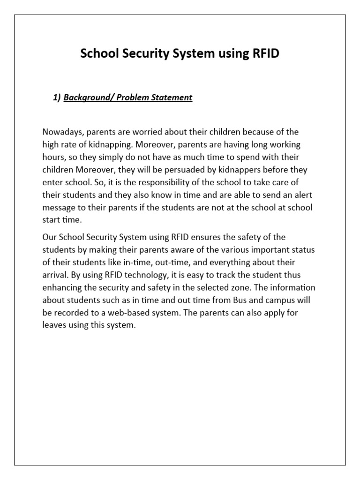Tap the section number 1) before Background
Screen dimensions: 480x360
coord(57,97)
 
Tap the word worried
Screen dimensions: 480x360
coord(135,132)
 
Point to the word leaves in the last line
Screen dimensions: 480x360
coord(53,324)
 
